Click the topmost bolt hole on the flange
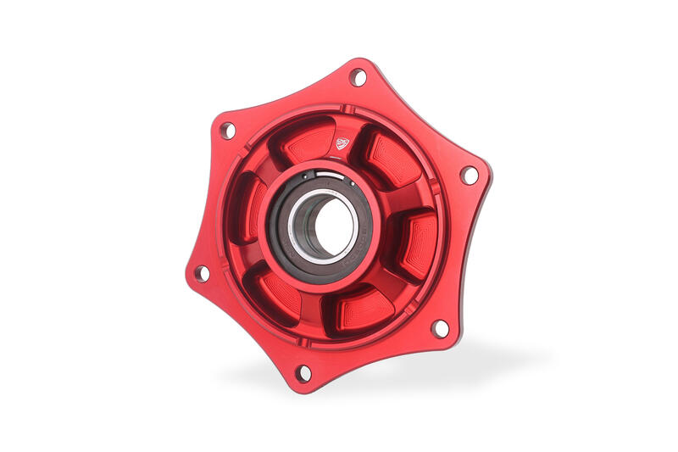click(x=358, y=78)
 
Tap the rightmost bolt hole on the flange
click(x=469, y=176)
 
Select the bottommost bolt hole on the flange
click(x=303, y=372)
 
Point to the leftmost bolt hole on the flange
click(x=202, y=273)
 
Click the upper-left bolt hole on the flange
click(x=227, y=131)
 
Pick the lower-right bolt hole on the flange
click(x=439, y=327)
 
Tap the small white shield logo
click(x=343, y=143)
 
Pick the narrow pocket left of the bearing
click(x=253, y=208)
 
